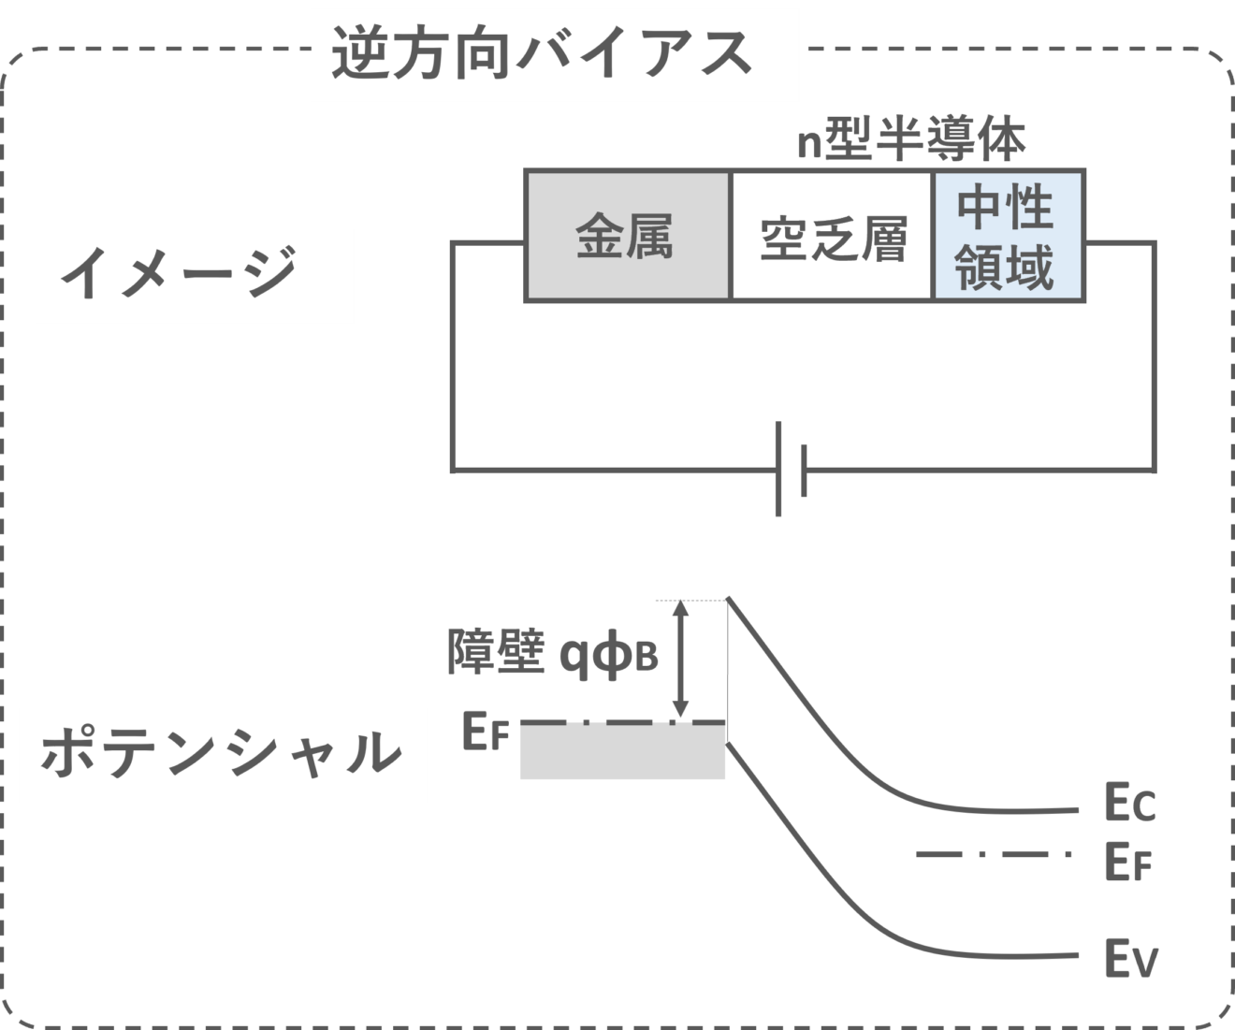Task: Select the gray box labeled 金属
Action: [x=626, y=236]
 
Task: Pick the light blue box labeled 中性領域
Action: [x=1009, y=236]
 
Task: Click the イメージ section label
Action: [x=195, y=276]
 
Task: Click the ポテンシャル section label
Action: [x=222, y=754]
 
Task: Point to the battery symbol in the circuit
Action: [x=791, y=471]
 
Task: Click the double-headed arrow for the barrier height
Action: [x=682, y=660]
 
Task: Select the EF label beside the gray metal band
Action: [x=485, y=732]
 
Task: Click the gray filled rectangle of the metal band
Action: [x=622, y=752]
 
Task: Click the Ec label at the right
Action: [x=1129, y=805]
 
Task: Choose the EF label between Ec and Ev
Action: [x=1126, y=862]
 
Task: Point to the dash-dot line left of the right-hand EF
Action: [x=992, y=854]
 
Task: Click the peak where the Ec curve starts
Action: [x=729, y=601]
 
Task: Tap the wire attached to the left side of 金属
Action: [x=487, y=242]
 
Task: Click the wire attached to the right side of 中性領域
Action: [x=1121, y=242]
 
